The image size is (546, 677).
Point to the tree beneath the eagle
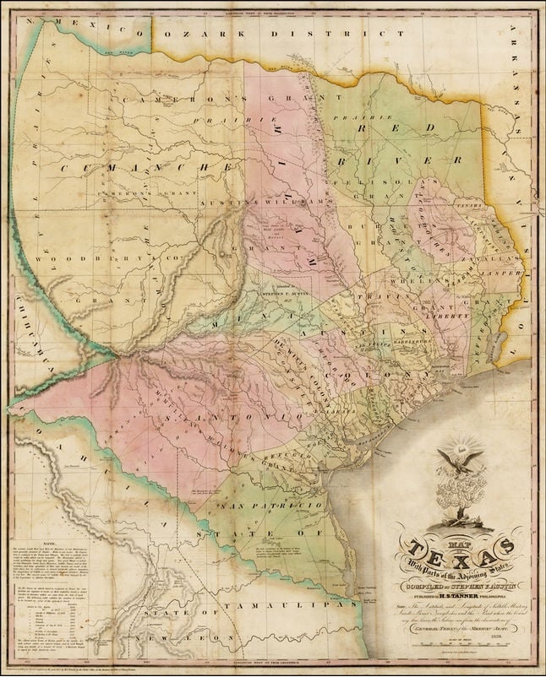[x=459, y=498]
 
